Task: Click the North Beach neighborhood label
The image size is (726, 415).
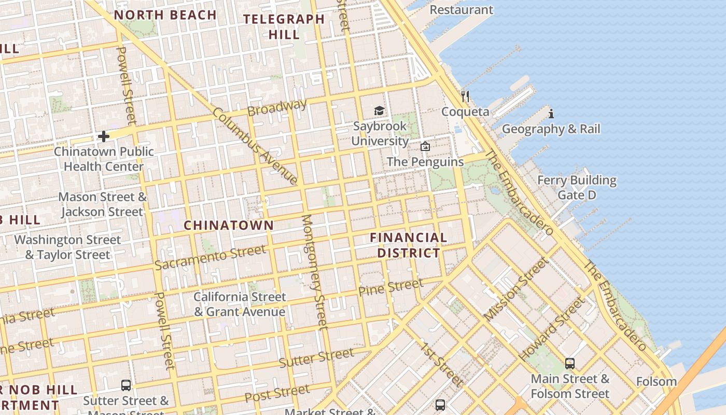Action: click(x=165, y=15)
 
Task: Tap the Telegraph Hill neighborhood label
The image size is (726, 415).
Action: click(x=284, y=27)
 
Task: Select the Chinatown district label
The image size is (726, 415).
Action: click(x=229, y=225)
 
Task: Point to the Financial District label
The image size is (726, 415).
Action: click(x=409, y=245)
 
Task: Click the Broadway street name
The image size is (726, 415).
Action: click(x=277, y=107)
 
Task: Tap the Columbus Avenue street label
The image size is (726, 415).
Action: click(x=256, y=146)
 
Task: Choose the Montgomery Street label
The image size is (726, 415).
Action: click(x=315, y=272)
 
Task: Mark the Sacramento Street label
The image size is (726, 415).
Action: click(x=210, y=257)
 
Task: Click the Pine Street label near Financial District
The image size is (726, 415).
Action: click(x=391, y=287)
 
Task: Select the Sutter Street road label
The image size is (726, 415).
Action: click(x=316, y=358)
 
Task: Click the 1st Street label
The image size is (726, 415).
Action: click(x=441, y=364)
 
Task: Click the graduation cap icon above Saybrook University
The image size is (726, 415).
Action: click(x=380, y=110)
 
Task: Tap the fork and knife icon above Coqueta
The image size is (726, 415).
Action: click(x=465, y=96)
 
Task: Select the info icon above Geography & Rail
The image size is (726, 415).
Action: click(x=551, y=113)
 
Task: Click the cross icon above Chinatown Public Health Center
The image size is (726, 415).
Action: click(x=104, y=136)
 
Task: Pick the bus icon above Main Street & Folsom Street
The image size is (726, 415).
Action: click(x=570, y=363)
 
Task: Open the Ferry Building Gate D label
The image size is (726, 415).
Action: click(x=577, y=187)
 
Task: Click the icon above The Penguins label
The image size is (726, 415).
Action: click(x=425, y=146)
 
